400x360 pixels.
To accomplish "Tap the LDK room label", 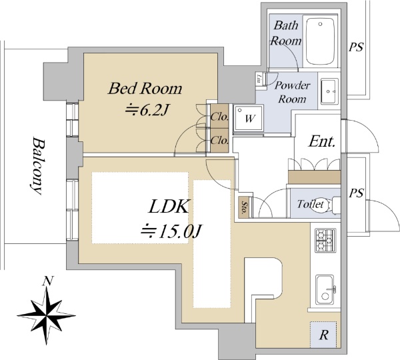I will (x=169, y=207).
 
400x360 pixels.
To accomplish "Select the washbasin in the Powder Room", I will (x=329, y=91).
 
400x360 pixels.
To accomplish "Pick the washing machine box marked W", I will (x=249, y=119).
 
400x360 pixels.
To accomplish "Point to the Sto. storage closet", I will (x=245, y=207).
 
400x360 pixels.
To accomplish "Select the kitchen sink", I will (x=325, y=288).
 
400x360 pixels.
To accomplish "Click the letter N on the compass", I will (x=47, y=281).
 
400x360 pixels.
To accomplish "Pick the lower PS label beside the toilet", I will (x=357, y=194).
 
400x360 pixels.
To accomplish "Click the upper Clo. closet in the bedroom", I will (x=219, y=117).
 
